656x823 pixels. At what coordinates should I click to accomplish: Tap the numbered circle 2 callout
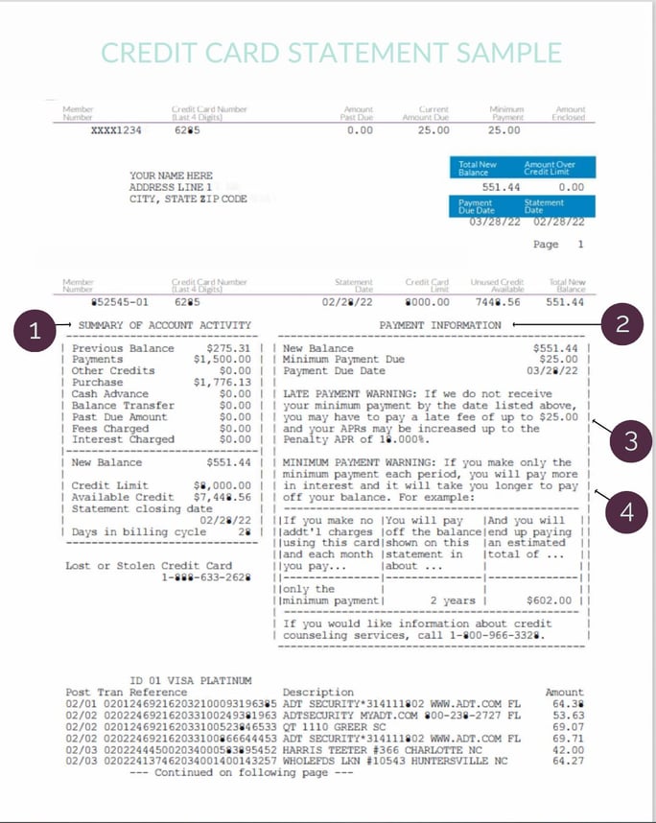click(x=621, y=325)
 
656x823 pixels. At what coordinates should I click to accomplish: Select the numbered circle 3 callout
click(x=630, y=441)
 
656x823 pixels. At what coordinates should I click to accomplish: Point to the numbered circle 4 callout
click(x=626, y=512)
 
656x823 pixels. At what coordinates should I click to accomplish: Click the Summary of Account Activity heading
click(x=165, y=326)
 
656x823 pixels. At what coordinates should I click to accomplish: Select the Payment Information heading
click(x=440, y=326)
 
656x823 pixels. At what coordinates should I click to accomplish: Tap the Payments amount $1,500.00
click(x=223, y=359)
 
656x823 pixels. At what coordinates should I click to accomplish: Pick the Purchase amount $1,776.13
click(x=223, y=381)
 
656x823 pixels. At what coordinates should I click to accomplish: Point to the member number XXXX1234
click(x=115, y=130)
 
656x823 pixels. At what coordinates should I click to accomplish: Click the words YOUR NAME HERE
click(x=171, y=176)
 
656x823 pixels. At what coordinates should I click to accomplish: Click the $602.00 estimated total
click(x=550, y=600)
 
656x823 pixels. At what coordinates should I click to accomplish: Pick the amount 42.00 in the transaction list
click(x=568, y=750)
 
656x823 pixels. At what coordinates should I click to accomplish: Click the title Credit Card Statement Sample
click(x=327, y=52)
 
